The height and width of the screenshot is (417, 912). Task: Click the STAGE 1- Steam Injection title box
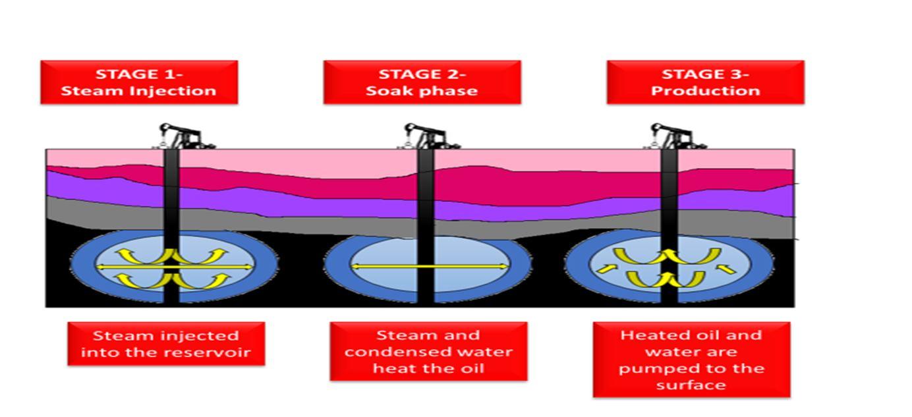coord(138,82)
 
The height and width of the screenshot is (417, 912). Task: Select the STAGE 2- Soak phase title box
coord(422,82)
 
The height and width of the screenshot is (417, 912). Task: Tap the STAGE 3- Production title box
coord(705,82)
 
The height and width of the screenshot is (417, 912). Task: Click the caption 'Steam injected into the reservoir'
coord(166,343)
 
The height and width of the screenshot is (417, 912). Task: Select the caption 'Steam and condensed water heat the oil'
coord(428,351)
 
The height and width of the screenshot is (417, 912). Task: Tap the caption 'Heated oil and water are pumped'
coord(691,360)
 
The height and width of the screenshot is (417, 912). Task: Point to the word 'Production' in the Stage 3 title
coord(705,91)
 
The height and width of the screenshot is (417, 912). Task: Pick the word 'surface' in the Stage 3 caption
coord(691,384)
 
